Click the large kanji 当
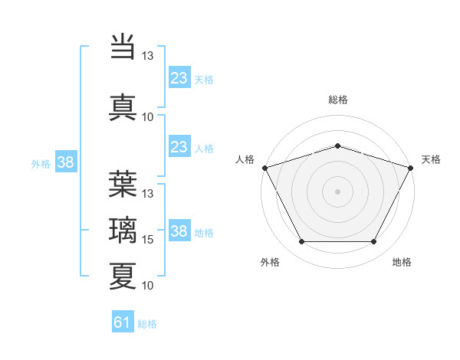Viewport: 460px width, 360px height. tap(123, 44)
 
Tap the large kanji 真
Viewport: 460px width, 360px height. tap(123, 105)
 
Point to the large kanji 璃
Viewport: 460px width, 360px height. tap(123, 229)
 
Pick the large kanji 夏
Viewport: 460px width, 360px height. tap(123, 275)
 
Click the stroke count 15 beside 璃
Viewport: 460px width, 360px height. tap(148, 240)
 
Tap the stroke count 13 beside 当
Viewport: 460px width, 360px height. tap(148, 56)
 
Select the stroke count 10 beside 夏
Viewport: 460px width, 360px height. tap(148, 286)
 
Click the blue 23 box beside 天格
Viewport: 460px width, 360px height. tap(179, 78)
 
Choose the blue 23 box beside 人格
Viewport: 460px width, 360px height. tap(179, 147)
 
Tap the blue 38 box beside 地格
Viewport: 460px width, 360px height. tap(179, 231)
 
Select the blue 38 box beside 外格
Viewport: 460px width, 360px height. tap(66, 162)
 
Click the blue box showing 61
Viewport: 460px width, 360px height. tap(123, 322)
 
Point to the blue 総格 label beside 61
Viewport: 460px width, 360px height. tap(147, 324)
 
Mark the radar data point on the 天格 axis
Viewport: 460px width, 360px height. tap(411, 167)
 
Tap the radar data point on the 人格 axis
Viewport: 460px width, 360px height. tap(264, 167)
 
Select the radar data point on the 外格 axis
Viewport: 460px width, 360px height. tap(301, 242)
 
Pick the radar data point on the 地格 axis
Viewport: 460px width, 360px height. tap(374, 242)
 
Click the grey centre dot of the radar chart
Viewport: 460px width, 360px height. tap(337, 191)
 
